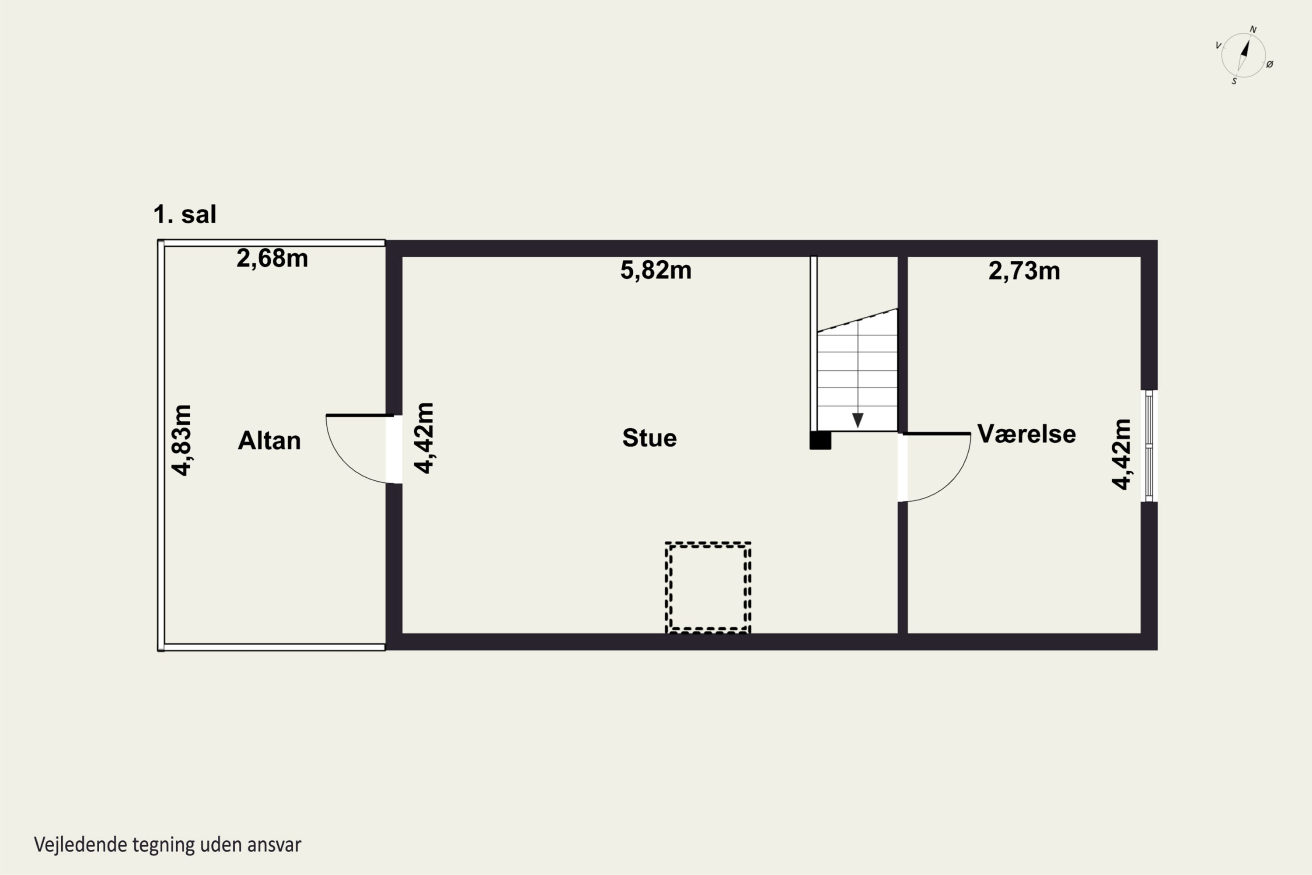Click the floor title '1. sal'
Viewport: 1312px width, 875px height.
tap(185, 214)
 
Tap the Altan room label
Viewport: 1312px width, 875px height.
tap(269, 440)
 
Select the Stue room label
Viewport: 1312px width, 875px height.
tap(649, 437)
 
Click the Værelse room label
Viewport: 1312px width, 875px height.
tap(1026, 434)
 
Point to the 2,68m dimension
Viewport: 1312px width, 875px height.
tap(272, 259)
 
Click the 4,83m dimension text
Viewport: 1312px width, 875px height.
tap(182, 440)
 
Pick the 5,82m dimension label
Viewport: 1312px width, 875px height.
tap(656, 270)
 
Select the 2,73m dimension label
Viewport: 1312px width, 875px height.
tap(1024, 271)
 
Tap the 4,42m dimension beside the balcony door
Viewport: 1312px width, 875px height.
tap(424, 438)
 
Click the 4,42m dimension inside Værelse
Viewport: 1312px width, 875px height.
tap(1121, 454)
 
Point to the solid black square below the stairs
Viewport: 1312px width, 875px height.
tap(820, 440)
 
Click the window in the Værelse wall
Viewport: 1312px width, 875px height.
tap(1149, 446)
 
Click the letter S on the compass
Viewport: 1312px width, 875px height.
tap(1234, 81)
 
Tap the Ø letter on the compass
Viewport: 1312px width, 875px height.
tap(1270, 64)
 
